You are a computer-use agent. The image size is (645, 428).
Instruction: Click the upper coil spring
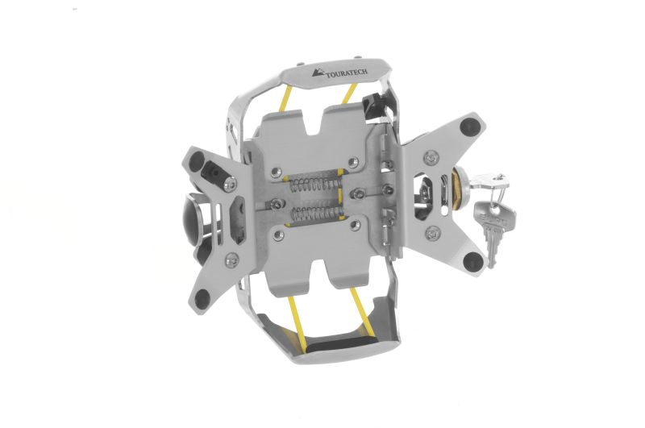point(312,184)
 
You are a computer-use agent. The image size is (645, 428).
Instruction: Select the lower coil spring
point(311,214)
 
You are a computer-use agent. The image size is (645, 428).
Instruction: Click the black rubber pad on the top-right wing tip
point(469,126)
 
